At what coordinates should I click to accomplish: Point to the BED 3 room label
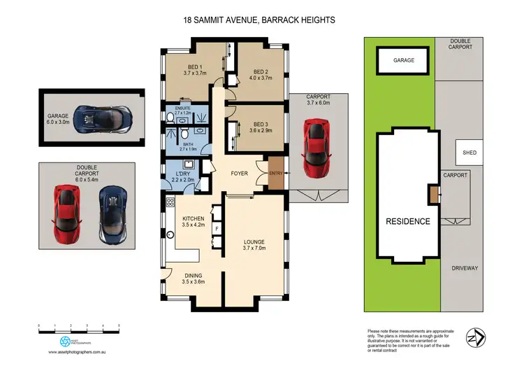click(261, 127)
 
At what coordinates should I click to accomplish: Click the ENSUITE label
click(182, 109)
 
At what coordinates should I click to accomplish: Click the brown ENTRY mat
click(277, 173)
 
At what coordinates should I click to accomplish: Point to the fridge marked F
click(217, 229)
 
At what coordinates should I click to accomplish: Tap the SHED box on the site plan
click(469, 153)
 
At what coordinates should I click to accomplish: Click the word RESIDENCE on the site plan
click(408, 221)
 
